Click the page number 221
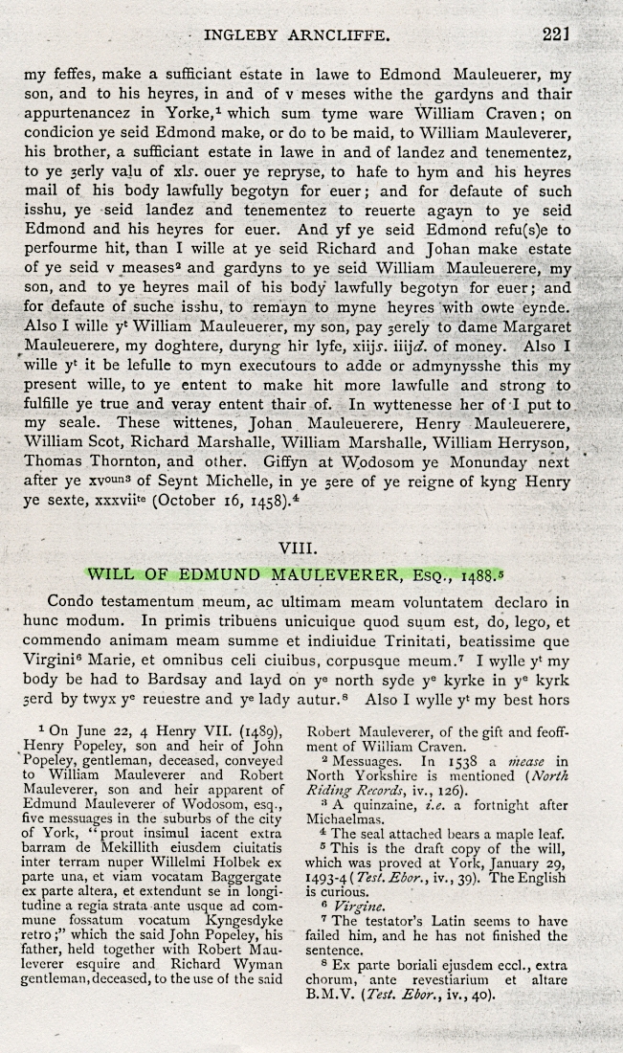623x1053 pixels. (555, 34)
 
